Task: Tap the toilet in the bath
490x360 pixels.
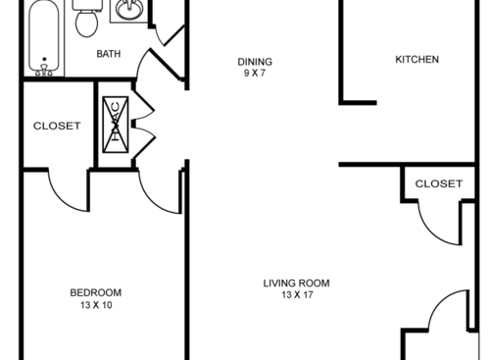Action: click(x=85, y=20)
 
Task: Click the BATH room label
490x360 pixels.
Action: click(x=108, y=54)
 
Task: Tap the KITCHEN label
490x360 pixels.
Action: click(x=416, y=59)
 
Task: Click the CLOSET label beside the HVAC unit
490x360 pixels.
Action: click(x=57, y=126)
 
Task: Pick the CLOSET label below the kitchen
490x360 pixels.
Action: click(x=438, y=183)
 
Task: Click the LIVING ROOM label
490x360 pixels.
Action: click(x=296, y=283)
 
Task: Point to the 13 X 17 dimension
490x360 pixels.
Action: click(x=296, y=295)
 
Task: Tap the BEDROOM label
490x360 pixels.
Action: click(x=95, y=292)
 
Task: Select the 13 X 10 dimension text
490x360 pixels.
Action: click(x=95, y=304)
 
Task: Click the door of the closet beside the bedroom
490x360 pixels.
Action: click(x=69, y=191)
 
